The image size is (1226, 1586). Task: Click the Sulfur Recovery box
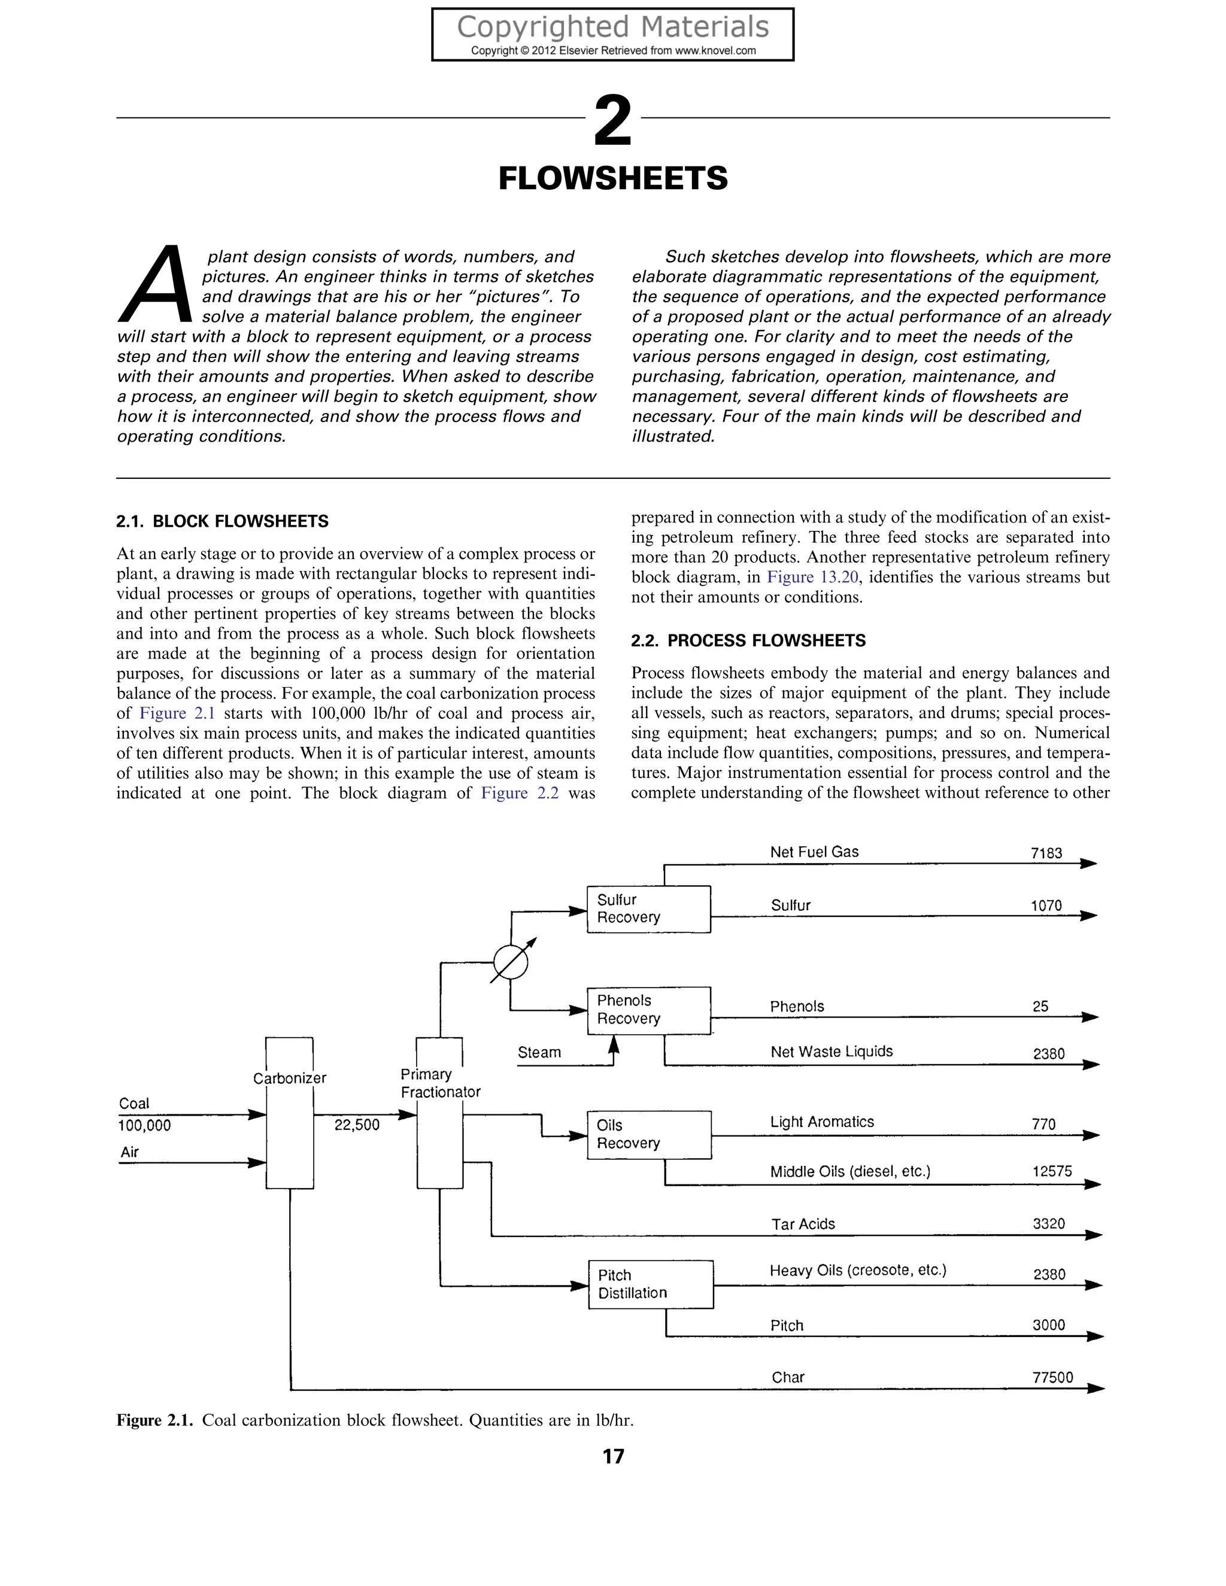(x=648, y=909)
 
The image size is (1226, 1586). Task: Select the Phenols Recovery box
(x=648, y=1010)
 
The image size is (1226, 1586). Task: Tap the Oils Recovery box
(x=648, y=1134)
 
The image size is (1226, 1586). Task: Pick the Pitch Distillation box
(x=650, y=1284)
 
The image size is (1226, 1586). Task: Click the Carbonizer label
(x=289, y=1078)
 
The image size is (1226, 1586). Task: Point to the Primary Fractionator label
(x=440, y=1083)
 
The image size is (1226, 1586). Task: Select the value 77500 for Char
(x=1052, y=1378)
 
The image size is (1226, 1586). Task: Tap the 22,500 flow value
(x=357, y=1125)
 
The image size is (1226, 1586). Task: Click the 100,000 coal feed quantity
(x=144, y=1126)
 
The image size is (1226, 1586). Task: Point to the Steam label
(x=539, y=1052)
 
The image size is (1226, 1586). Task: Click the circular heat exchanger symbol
(x=510, y=963)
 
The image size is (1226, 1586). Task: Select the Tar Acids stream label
(x=803, y=1225)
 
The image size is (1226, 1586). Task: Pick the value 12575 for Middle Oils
(x=1052, y=1171)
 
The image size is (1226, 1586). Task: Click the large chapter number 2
(x=612, y=121)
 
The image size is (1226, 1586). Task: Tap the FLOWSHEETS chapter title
(x=612, y=178)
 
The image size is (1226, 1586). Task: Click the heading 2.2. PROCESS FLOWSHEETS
(x=748, y=640)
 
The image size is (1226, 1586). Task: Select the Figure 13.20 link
(x=813, y=578)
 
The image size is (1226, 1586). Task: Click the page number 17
(x=613, y=1456)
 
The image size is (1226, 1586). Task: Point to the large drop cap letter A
(x=156, y=285)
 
